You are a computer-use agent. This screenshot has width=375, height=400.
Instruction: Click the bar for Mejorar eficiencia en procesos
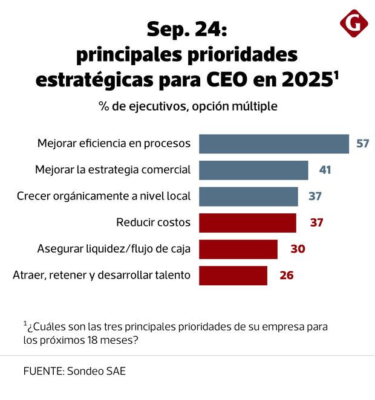pos(274,144)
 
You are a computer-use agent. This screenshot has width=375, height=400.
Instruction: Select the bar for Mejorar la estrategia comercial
pos(253,170)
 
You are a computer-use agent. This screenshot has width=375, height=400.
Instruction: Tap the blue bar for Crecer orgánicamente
pos(249,196)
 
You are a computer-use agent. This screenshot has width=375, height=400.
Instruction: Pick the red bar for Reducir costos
pos(247,222)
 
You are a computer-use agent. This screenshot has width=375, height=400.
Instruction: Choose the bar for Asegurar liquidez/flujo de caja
pos(238,249)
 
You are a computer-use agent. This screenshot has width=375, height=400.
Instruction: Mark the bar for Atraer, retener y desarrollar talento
pos(233,275)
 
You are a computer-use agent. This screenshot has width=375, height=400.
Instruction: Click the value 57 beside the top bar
pos(362,144)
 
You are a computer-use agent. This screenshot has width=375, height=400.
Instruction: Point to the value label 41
pos(325,170)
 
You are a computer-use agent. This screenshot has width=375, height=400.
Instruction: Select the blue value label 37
pos(315,196)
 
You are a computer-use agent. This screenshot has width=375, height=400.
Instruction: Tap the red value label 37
pos(317,222)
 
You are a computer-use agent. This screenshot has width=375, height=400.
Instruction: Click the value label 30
pos(298,249)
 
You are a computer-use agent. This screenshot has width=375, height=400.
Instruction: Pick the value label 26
pos(287,275)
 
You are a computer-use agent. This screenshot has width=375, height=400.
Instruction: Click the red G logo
pos(354,24)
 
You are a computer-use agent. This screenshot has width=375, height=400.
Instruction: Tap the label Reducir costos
pos(153,222)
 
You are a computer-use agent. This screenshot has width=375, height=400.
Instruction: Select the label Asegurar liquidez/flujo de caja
pos(114,249)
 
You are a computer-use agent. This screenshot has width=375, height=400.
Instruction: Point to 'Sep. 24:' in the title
pos(187,30)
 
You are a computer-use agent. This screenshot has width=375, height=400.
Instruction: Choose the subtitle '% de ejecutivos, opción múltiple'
pos(188,106)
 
